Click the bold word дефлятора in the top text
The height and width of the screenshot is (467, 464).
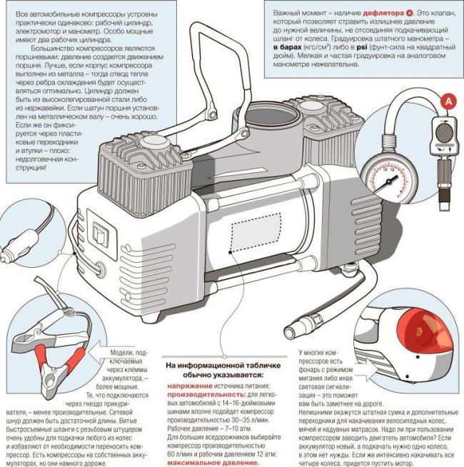[374, 14]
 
